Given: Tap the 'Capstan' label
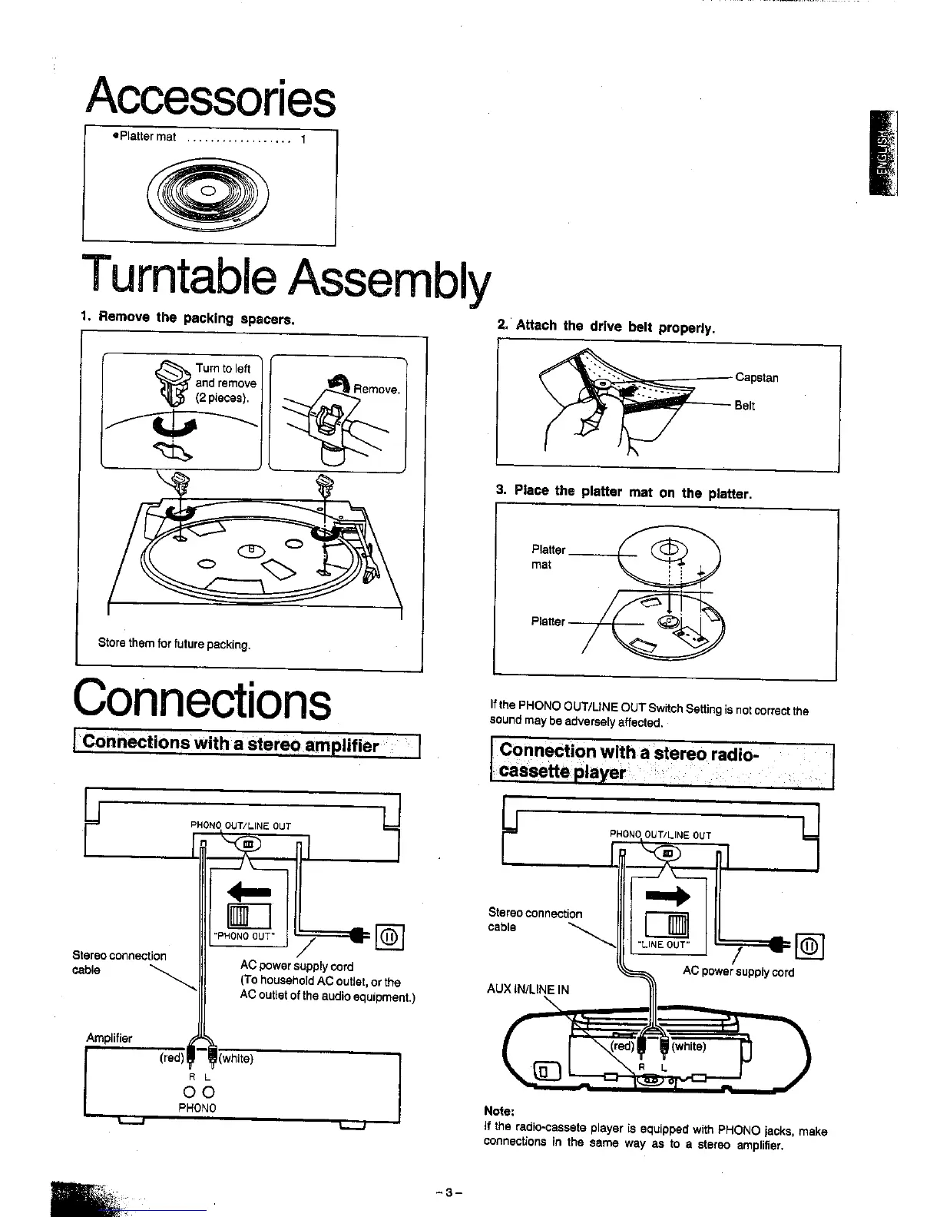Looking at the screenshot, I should [x=756, y=377].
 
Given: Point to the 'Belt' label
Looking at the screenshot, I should [x=744, y=406].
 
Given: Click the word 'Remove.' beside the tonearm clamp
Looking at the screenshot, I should [x=376, y=390].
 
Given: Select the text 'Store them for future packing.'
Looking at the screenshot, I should [x=174, y=644].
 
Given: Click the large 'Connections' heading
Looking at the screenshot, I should [x=203, y=701].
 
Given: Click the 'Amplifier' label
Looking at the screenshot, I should [x=109, y=1038].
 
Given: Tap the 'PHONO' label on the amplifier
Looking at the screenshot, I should [x=197, y=1108].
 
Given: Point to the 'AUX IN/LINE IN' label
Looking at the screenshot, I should [x=528, y=989].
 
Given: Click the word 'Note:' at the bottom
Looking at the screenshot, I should [x=499, y=1111].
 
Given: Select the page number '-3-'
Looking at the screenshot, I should [x=448, y=1193].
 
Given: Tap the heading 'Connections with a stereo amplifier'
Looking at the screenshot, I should [x=230, y=744].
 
